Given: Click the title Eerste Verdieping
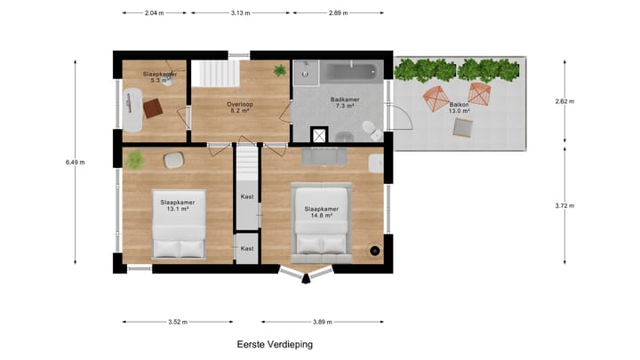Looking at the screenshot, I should [x=275, y=344].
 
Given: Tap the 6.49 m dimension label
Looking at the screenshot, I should [x=76, y=163].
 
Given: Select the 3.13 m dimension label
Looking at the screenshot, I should [x=240, y=13].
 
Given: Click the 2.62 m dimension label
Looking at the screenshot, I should [x=564, y=101].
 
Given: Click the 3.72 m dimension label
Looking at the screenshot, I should [x=564, y=206].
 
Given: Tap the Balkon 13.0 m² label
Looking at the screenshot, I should [x=459, y=107].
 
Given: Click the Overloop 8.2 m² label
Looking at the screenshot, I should [x=240, y=108].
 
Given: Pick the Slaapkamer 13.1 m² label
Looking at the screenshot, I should [x=177, y=205].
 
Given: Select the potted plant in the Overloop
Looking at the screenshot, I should [x=280, y=70].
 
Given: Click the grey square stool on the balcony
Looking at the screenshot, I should [x=463, y=128].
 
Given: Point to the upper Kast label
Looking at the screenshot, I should [x=247, y=196].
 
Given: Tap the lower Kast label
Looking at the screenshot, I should [x=247, y=248].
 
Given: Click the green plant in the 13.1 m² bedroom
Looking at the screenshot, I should [x=135, y=160].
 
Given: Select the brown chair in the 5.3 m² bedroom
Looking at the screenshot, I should [x=154, y=108].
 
